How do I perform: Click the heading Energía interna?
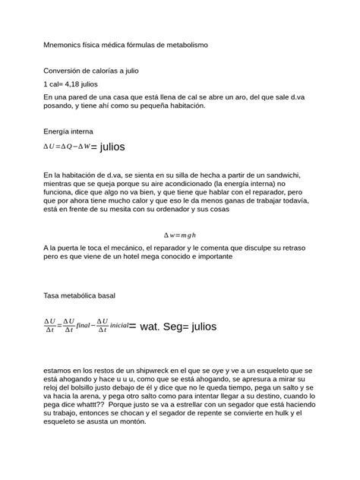click(69, 131)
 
